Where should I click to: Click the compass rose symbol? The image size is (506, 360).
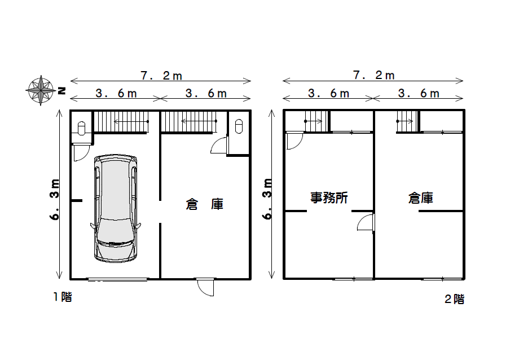coord(41,90)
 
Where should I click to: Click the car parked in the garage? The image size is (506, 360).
coord(116,208)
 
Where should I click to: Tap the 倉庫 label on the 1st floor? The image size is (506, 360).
coord(205,204)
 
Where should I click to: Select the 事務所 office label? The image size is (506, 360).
coord(329,197)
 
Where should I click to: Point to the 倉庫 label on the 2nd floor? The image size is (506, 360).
coord(420,197)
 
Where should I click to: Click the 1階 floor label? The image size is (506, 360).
coord(63,297)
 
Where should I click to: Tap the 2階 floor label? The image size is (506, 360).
coord(454,299)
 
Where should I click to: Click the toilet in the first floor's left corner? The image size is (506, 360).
coord(81,128)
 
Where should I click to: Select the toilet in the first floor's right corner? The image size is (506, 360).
coord(239,126)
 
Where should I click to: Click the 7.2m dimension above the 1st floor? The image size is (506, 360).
coord(161,76)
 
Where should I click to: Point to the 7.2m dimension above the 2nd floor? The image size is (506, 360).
coord(373,75)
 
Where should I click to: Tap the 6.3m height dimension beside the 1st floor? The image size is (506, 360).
coord(55,199)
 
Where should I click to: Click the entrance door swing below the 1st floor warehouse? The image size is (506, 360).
coord(205,287)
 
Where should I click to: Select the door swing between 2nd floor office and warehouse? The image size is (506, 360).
coord(366,222)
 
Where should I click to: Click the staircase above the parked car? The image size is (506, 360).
coord(121,121)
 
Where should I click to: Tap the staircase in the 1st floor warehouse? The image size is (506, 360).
coord(189,121)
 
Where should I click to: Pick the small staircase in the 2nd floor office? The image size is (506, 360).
coord(316,121)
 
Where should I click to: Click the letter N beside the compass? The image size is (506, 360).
coord(61,91)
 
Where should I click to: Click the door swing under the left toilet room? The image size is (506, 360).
coord(81,153)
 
